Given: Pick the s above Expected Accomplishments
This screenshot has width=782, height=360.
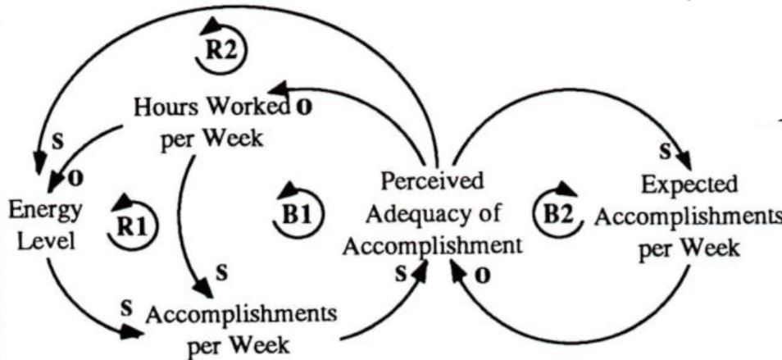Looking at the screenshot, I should tap(666, 151).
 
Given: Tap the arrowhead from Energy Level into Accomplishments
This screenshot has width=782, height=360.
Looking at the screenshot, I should tap(131, 333).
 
